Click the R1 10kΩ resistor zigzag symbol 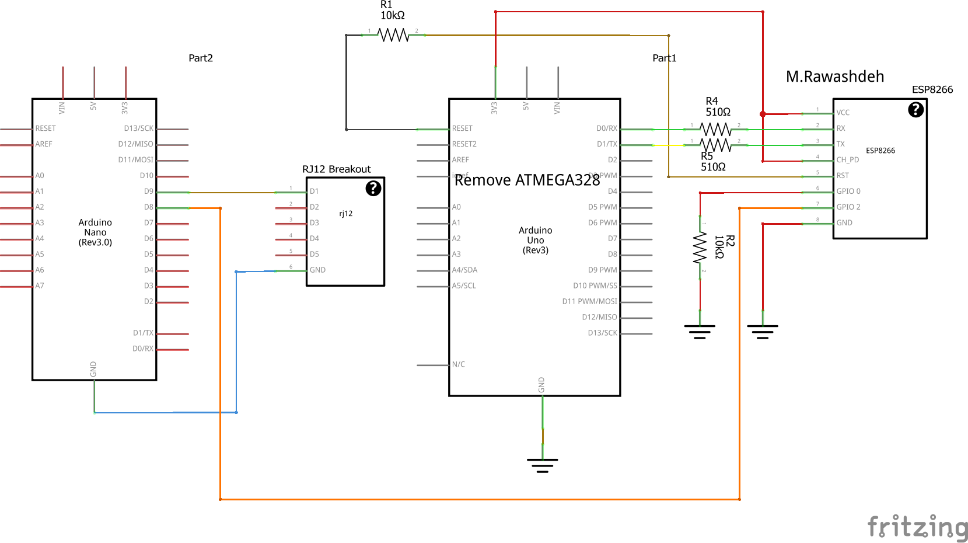point(394,36)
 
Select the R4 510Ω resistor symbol point(715,129)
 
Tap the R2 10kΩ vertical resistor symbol point(700,249)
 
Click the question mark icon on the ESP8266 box point(915,110)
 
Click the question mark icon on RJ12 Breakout point(373,188)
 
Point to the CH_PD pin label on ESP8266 point(847,160)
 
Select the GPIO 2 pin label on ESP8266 point(848,207)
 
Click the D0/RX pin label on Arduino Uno point(606,128)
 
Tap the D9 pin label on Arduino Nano point(148,192)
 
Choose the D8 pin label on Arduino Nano point(148,207)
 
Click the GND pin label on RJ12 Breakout point(317,270)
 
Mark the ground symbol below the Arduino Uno point(542,465)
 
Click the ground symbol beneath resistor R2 point(700,332)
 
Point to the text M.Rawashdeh point(834,77)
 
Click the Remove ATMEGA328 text point(527,180)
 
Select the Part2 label point(201,58)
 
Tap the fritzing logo point(917,527)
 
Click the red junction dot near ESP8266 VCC point(763,114)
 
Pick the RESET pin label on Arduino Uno point(462,128)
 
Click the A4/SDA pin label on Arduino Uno point(464,270)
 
